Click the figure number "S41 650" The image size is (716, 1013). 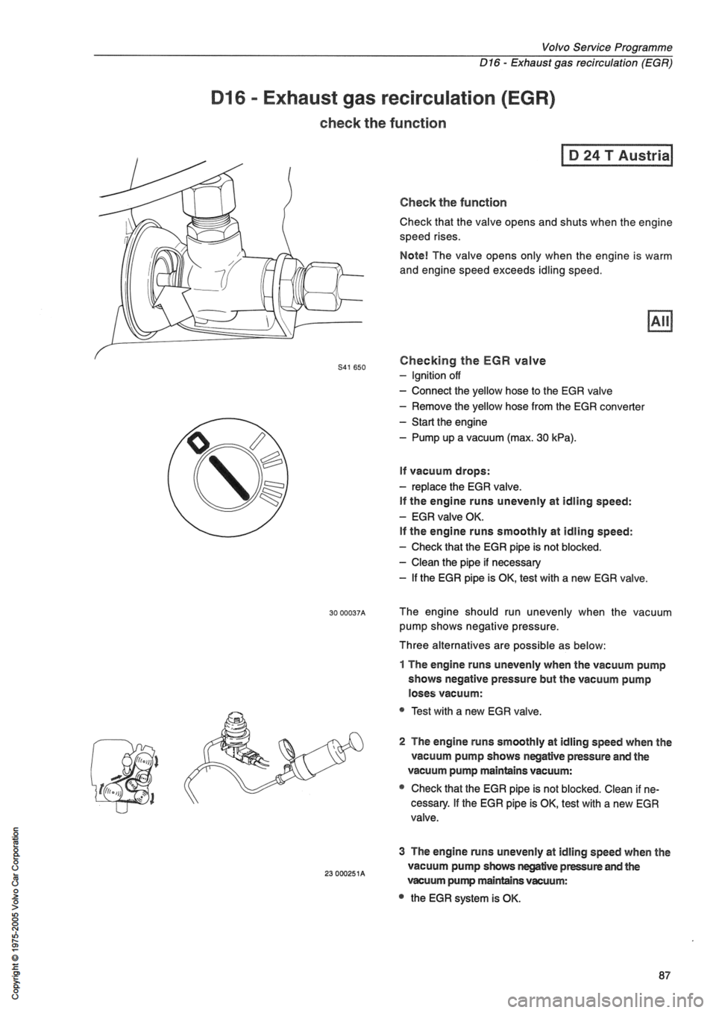click(x=364, y=367)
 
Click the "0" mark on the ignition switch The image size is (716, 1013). click(x=199, y=445)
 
